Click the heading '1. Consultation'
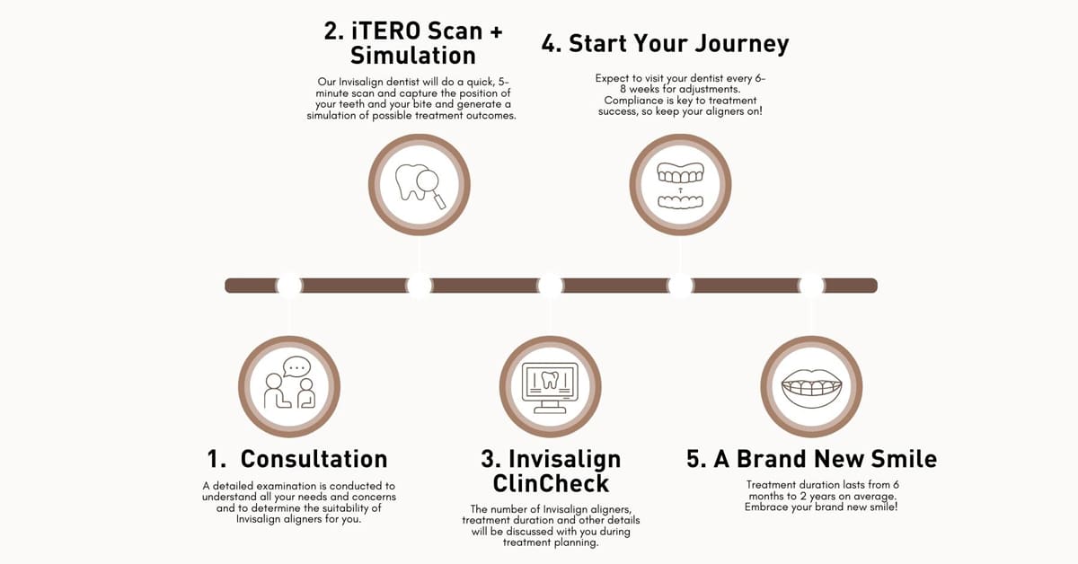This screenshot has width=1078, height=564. [x=297, y=459]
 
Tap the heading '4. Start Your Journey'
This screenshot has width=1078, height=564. [x=665, y=44]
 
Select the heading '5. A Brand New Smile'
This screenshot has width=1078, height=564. [x=811, y=459]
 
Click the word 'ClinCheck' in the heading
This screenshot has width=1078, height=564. [x=551, y=483]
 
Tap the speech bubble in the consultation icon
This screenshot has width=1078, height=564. [x=296, y=366]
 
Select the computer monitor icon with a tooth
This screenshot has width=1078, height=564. [x=550, y=387]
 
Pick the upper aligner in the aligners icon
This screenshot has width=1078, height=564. [x=680, y=173]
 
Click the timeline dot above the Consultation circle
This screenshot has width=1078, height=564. [x=289, y=286]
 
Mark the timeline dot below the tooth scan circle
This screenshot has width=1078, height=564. [x=420, y=286]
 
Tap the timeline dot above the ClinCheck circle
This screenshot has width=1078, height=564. [x=550, y=286]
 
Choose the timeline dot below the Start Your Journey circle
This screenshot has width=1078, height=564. [x=681, y=286]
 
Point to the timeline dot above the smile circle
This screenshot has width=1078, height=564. [x=811, y=286]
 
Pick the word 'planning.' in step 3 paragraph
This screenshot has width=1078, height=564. [x=575, y=542]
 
